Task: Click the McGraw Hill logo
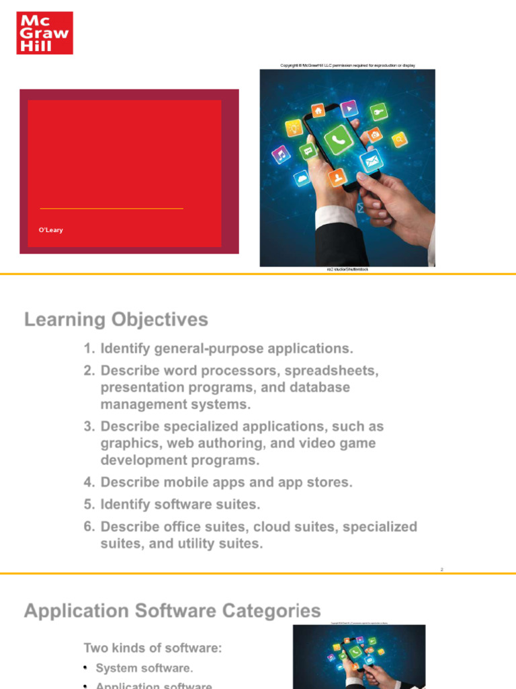(x=44, y=32)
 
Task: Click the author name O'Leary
(x=51, y=230)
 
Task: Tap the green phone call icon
(x=337, y=139)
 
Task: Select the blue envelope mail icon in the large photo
(x=370, y=161)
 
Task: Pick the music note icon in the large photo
(x=280, y=155)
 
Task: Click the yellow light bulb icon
(x=294, y=127)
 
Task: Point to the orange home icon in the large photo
(x=318, y=110)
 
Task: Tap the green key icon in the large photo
(x=379, y=112)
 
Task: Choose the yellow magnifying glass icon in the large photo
(x=399, y=139)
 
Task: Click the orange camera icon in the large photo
(x=375, y=135)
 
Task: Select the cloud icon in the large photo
(x=302, y=178)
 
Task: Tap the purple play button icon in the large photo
(x=349, y=108)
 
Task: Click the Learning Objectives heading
(x=116, y=320)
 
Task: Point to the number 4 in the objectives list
(x=88, y=482)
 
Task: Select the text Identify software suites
(x=180, y=504)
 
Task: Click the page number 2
(x=442, y=570)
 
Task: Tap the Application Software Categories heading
(x=172, y=611)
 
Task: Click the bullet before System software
(x=86, y=668)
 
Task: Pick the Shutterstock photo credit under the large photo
(x=347, y=269)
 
